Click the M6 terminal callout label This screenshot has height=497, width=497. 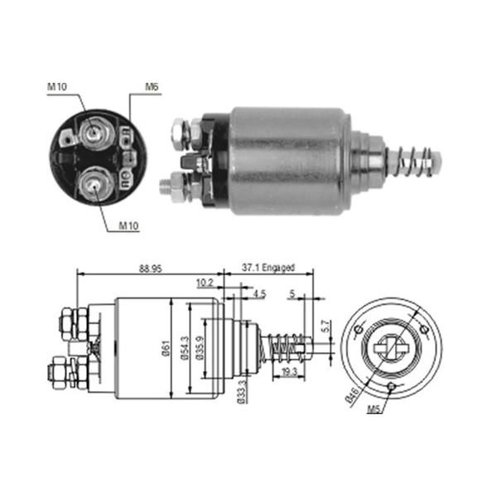coord(152,86)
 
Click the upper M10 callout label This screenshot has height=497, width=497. coord(57,86)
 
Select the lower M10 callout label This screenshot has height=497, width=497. coord(128,225)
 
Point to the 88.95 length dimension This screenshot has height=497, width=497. coord(150,268)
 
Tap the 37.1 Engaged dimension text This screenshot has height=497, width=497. coord(268,268)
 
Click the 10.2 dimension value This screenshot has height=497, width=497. coord(205,282)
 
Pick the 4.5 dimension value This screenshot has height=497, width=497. coord(259,294)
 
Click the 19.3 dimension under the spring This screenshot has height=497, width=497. coord(289,371)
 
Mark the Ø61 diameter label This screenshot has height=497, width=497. coord(166,348)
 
